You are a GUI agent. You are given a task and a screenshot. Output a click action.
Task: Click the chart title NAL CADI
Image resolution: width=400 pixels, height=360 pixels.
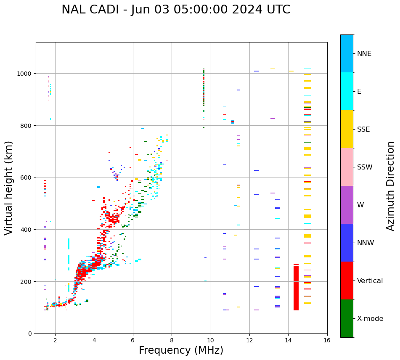click(x=176, y=10)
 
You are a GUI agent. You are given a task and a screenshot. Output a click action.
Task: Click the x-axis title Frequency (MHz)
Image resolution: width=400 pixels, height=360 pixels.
click(x=181, y=350)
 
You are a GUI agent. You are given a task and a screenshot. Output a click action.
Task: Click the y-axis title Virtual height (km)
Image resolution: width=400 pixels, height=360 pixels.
click(x=9, y=188)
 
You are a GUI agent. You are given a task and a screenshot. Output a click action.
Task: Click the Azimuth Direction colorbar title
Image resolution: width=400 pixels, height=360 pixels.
click(x=390, y=186)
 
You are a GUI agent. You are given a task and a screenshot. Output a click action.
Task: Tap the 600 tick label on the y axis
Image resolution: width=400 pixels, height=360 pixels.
click(x=26, y=177)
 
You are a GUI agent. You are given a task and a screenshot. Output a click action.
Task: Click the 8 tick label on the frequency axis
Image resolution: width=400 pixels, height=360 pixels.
click(x=172, y=341)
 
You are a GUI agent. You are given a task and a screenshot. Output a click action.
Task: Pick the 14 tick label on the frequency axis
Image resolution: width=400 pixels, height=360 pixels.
click(x=288, y=341)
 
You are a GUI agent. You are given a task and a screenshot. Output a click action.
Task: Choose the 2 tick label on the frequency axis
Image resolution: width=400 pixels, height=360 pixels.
click(x=55, y=341)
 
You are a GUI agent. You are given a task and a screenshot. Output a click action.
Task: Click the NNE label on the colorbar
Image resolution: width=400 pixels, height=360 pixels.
click(x=364, y=54)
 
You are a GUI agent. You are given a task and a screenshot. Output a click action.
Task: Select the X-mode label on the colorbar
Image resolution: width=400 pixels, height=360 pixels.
click(x=370, y=319)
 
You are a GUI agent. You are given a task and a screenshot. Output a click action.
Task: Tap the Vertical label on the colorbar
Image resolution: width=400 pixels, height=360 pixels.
click(x=370, y=281)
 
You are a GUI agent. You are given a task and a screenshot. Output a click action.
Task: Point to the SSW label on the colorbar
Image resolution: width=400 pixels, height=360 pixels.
click(x=365, y=167)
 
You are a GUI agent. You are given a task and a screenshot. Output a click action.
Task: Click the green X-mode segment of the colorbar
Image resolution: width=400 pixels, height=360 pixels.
click(x=347, y=318)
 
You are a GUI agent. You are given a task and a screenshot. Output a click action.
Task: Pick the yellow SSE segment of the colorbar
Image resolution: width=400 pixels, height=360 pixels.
click(x=347, y=129)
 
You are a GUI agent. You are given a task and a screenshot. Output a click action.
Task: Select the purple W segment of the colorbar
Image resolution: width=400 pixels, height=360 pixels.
click(x=347, y=205)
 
